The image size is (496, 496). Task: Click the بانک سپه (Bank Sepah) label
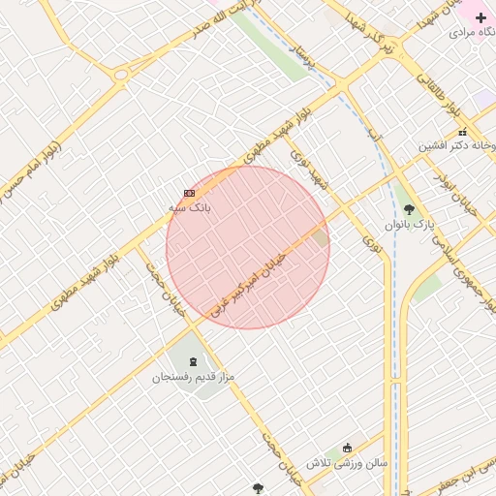click(x=189, y=207)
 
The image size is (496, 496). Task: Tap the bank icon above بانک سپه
click(x=189, y=193)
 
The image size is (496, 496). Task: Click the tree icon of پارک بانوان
click(x=409, y=208)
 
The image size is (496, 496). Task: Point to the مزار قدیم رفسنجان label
click(x=194, y=376)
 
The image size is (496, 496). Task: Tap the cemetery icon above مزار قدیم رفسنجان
click(x=194, y=360)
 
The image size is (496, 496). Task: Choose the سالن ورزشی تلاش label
click(x=347, y=463)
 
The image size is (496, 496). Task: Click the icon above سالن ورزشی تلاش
click(x=348, y=448)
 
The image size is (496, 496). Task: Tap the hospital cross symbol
click(x=480, y=17)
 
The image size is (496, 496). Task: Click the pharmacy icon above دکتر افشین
click(x=462, y=132)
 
